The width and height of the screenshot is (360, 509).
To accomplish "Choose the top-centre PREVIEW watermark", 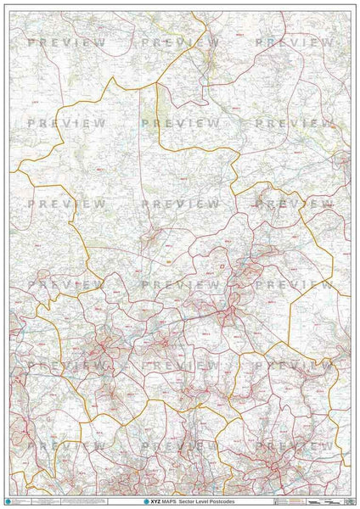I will point(180,42).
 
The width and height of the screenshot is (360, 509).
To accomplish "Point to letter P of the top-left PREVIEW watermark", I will point(31,42).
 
